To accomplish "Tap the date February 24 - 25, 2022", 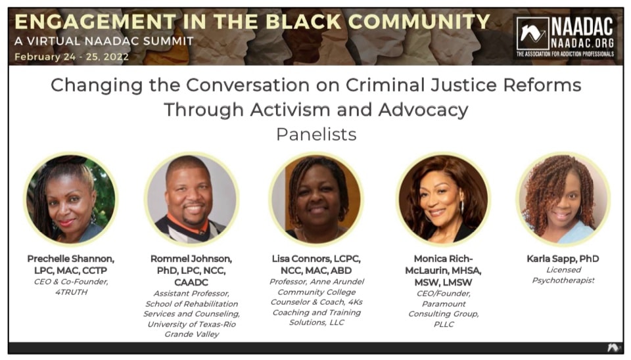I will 72,56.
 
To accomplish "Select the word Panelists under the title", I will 315,135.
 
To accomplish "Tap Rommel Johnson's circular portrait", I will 191,199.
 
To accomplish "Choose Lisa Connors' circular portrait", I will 316,199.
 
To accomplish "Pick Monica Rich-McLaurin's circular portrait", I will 442,199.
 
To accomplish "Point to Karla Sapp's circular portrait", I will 563,199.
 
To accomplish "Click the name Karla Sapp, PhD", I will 563,259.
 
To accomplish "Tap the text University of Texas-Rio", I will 191,324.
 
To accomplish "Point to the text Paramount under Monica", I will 442,304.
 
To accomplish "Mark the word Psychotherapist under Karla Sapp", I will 563,281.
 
